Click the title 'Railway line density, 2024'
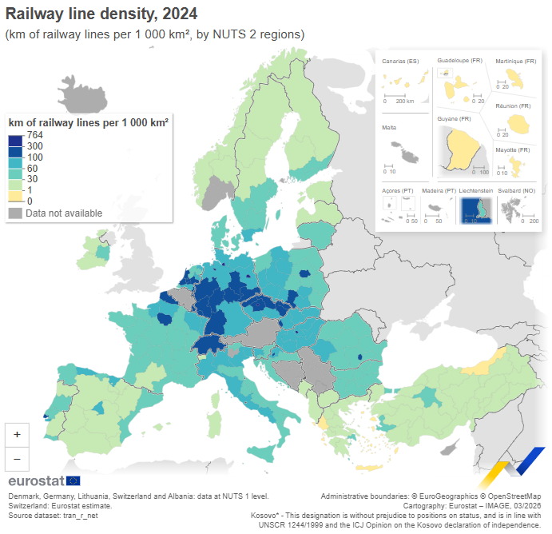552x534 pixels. (x=101, y=14)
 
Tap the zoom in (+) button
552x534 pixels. (x=17, y=433)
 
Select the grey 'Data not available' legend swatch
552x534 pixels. (x=15, y=213)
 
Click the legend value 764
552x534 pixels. (x=34, y=135)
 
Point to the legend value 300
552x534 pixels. (x=34, y=146)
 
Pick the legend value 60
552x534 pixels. (x=32, y=169)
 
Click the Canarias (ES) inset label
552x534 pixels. (x=400, y=61)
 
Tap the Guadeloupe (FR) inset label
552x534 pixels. (x=459, y=61)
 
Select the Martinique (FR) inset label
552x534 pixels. (x=513, y=61)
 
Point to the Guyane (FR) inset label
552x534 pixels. (x=455, y=118)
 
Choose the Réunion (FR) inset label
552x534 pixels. (x=513, y=106)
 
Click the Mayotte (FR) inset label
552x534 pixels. (x=512, y=150)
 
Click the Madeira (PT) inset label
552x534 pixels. (x=439, y=191)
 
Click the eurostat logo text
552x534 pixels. (x=36, y=480)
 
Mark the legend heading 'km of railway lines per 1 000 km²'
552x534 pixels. (x=88, y=122)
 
